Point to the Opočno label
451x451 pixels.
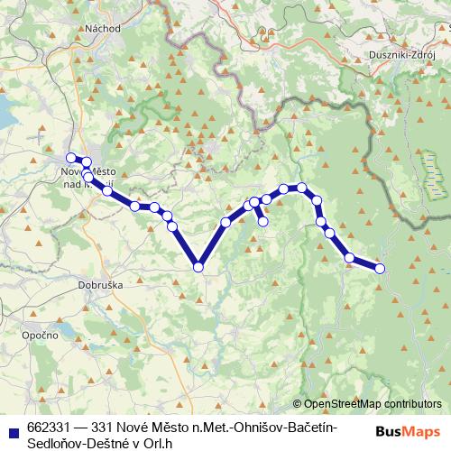(x=40, y=335)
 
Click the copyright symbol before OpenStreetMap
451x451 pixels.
(x=297, y=404)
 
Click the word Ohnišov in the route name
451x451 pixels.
(x=227, y=427)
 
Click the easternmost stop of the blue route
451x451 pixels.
(x=380, y=268)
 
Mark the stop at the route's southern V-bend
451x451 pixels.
(x=198, y=266)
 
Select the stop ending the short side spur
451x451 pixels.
(x=263, y=221)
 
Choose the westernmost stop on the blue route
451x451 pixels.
(x=71, y=159)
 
